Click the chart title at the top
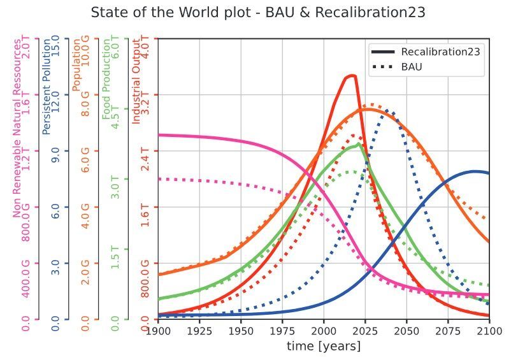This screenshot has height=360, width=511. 258,13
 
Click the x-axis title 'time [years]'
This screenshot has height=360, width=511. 324,346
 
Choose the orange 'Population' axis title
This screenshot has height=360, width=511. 76,64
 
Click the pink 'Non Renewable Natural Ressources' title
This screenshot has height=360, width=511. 17,127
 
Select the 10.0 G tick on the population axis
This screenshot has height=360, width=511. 86,51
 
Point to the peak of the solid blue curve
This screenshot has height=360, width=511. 474,171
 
